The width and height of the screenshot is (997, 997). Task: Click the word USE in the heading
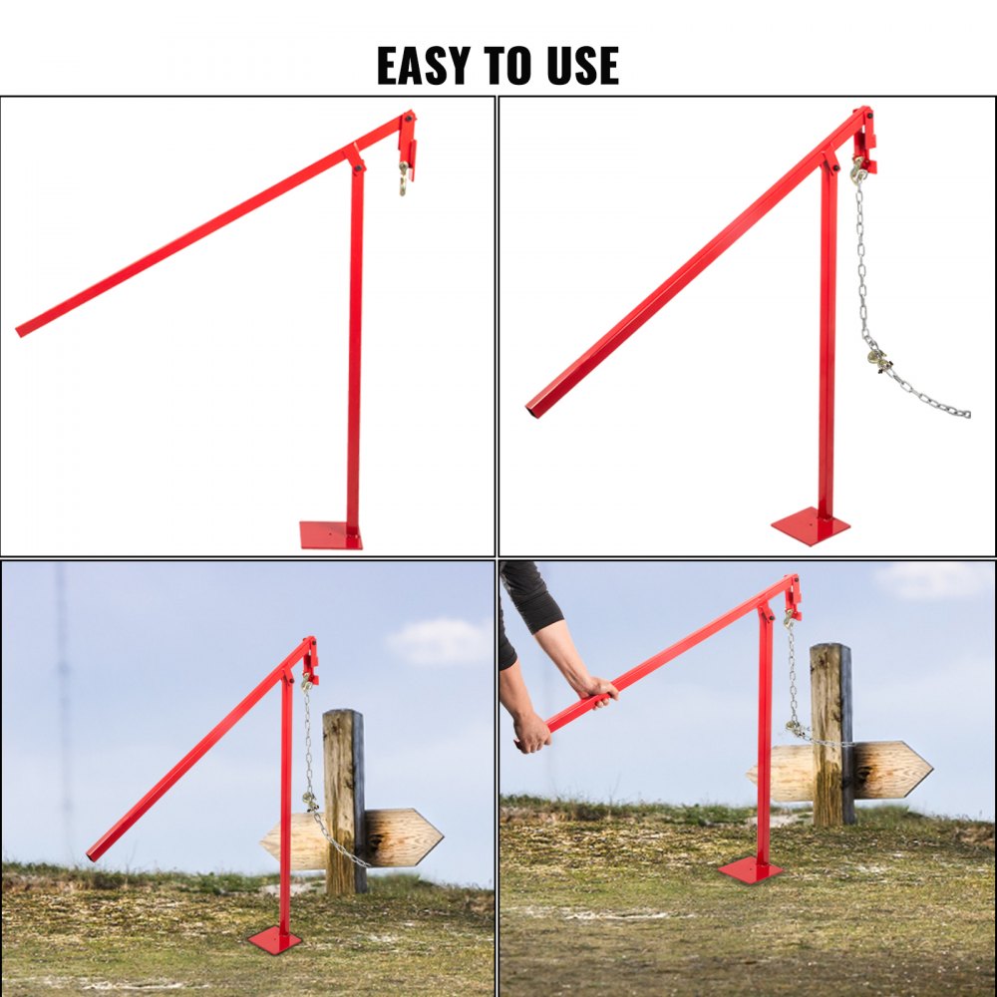coord(582,66)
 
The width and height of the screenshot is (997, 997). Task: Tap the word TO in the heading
coord(510,66)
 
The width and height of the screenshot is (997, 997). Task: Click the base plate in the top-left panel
coord(330,535)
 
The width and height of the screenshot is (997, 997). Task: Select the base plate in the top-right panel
coord(811,525)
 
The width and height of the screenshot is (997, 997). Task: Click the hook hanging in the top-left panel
coord(404,179)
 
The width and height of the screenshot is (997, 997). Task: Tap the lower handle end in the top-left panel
coord(22,329)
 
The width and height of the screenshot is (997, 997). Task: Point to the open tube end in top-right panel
coord(533,410)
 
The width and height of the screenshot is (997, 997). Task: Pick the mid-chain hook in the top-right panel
coord(877,358)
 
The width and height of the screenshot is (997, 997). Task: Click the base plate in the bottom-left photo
coord(274,939)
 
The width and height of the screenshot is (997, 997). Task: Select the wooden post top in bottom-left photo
coord(343,716)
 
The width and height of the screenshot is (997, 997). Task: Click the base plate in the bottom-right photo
coord(750,869)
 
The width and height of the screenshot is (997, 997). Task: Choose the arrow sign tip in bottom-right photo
coord(927,769)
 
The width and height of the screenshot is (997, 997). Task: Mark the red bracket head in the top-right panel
coord(863,140)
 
